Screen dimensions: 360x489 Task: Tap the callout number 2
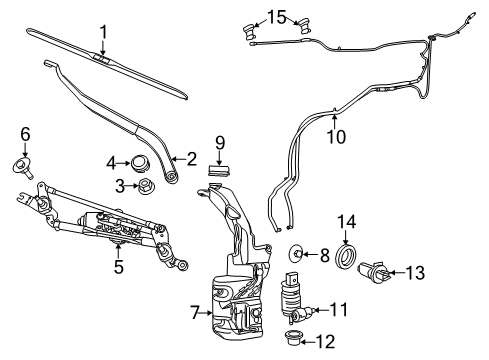coord(189,157)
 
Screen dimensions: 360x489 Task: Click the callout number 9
coord(219,142)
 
